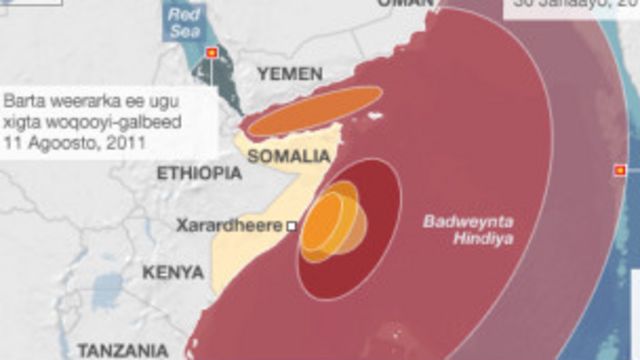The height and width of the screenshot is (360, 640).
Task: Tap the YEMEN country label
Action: point(290,74)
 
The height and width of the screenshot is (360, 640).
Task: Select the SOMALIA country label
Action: point(288,156)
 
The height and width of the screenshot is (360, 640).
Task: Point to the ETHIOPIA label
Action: point(199,173)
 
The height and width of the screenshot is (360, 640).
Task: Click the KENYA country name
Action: point(173,272)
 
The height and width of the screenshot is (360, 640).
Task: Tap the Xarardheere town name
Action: point(229,226)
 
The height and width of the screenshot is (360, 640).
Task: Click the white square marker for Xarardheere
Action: point(292,227)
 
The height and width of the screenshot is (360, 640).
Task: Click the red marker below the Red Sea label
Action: point(211,53)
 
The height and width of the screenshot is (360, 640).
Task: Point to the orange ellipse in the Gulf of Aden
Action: point(315,110)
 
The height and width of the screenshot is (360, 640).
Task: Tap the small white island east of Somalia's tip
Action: point(377,116)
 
